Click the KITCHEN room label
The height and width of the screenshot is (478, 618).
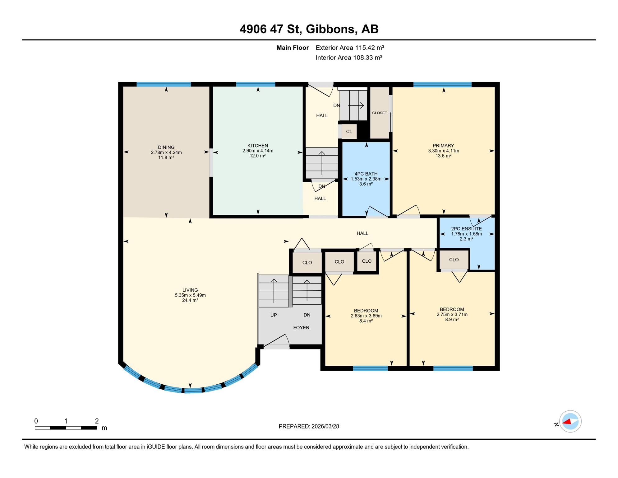257,146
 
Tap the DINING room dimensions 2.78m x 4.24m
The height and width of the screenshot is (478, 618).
166,152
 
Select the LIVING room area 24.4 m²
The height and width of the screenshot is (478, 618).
190,300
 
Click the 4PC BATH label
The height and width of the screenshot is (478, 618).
366,174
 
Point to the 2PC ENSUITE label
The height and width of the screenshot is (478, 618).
466,229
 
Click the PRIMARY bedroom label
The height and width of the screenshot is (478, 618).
443,146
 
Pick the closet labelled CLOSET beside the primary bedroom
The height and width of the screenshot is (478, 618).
379,113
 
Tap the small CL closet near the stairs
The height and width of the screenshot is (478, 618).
349,132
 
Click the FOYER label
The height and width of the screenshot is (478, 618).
301,327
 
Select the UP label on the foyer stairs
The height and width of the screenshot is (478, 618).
273,315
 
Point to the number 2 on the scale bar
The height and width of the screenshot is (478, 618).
97,421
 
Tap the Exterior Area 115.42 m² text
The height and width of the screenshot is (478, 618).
350,48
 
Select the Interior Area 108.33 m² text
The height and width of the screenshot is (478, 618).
348,58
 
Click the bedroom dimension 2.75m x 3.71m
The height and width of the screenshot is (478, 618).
452,314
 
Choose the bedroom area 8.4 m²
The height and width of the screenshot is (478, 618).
366,321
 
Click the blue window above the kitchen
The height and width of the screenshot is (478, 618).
255,84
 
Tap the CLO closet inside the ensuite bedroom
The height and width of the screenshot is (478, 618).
454,260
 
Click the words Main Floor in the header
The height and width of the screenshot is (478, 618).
292,48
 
